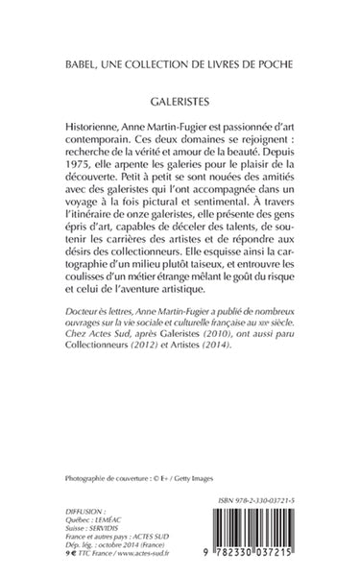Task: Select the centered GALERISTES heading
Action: [180, 98]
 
